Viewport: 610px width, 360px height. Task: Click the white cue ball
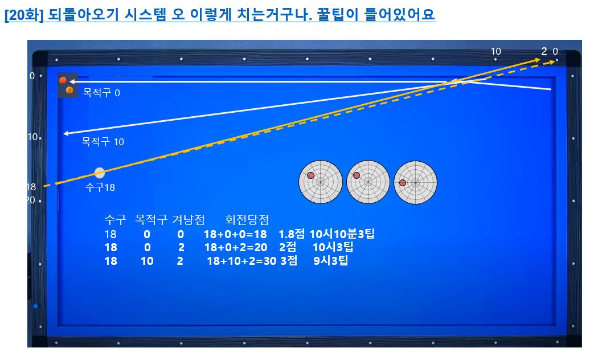100,173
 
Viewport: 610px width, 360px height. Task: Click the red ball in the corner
63,80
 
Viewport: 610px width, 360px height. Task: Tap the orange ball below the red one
69,91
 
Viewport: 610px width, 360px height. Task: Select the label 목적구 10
103,142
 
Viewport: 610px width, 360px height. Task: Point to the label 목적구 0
101,93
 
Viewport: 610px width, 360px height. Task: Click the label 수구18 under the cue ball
100,187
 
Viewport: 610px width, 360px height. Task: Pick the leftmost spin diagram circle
321,182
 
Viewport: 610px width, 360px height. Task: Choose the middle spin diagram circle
368,182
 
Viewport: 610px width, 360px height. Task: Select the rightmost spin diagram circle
415,182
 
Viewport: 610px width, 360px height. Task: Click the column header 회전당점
247,220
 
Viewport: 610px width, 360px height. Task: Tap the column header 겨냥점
189,220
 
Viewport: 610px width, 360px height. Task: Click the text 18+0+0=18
235,234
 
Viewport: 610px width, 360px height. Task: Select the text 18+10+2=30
241,261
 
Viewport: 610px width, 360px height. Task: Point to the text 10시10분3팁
342,234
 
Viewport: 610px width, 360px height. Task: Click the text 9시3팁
331,260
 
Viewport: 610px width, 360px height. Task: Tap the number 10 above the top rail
496,51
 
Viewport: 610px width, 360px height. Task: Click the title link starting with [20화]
220,15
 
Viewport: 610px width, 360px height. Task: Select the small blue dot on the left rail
36,306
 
